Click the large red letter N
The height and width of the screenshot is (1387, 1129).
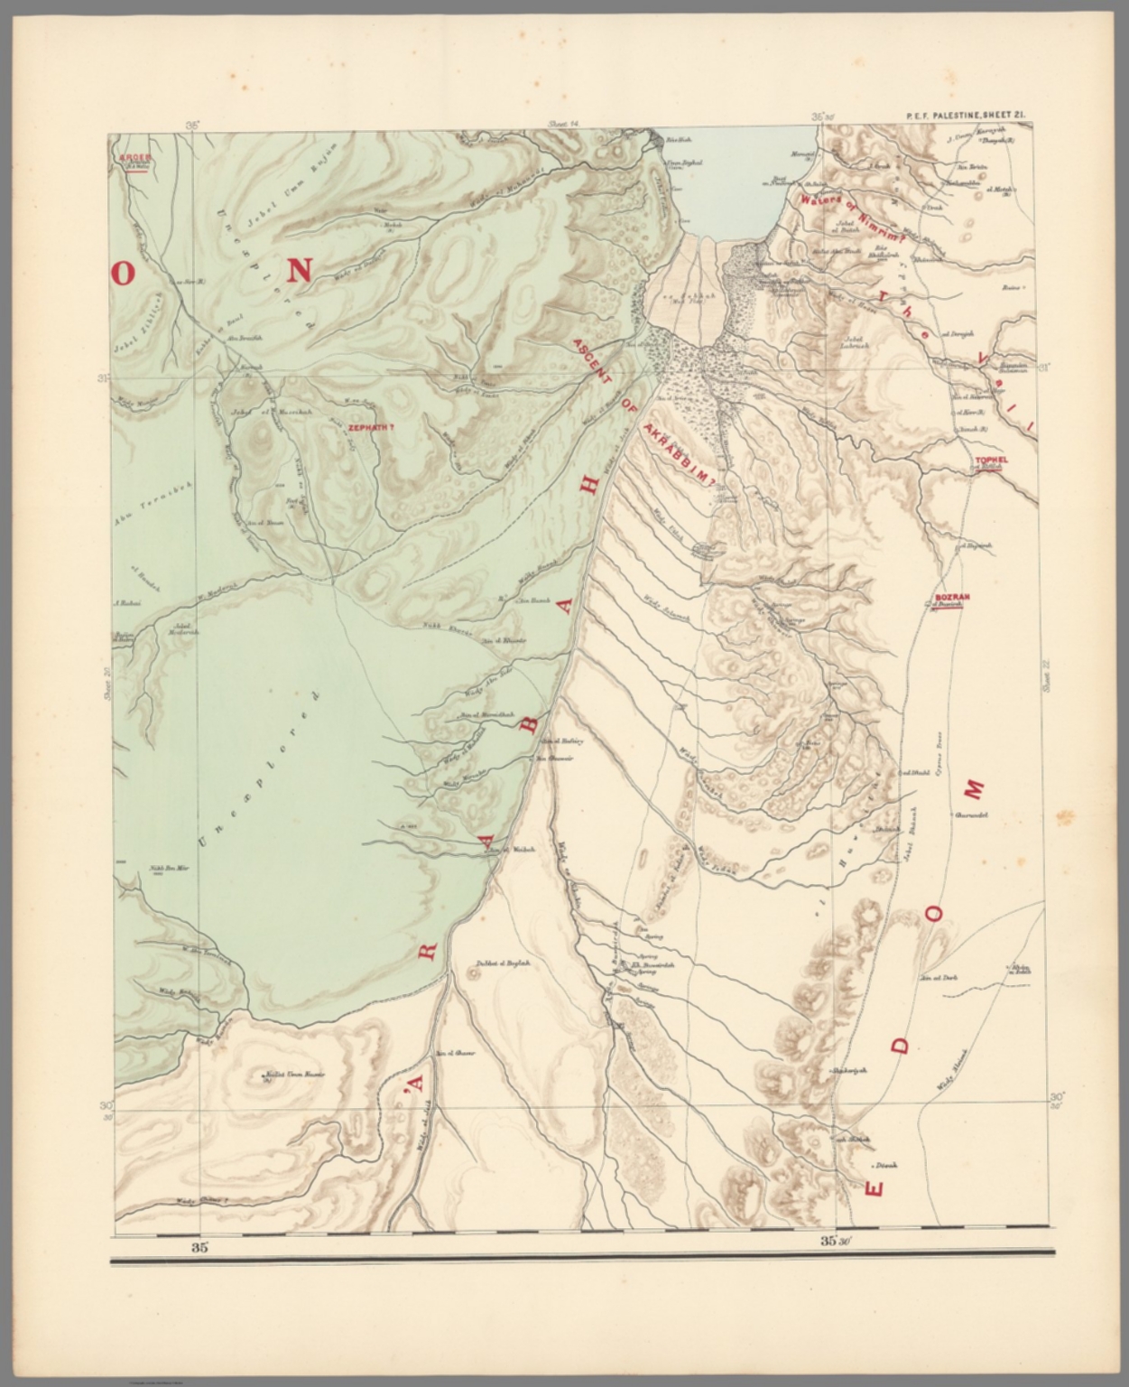tap(300, 269)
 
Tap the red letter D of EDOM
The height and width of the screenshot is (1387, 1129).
tap(900, 1046)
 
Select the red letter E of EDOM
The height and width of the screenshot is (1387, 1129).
tap(874, 1187)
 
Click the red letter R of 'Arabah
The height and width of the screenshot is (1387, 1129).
tap(428, 951)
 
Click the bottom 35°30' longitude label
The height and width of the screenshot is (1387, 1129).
tap(836, 1241)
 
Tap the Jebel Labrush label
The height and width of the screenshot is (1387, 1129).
tap(853, 344)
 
